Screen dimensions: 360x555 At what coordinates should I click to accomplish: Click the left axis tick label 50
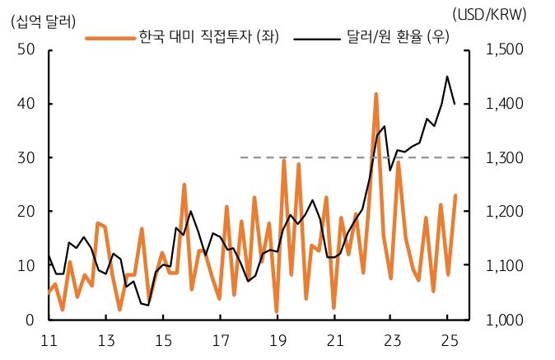pos(26,49)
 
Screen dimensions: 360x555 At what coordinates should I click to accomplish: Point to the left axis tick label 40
pos(26,104)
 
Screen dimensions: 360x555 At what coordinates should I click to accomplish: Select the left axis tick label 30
pos(26,157)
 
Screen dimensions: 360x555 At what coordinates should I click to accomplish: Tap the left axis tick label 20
pos(26,212)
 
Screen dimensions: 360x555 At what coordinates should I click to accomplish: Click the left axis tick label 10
pos(26,265)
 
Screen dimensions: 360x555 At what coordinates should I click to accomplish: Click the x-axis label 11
pos(49,340)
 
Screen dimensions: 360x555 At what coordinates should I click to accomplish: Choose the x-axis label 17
pos(221,340)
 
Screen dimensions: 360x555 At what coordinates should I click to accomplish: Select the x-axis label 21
pos(334,340)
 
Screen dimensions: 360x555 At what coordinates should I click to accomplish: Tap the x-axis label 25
pos(448,340)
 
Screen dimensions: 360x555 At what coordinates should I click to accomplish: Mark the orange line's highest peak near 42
pos(376,95)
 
